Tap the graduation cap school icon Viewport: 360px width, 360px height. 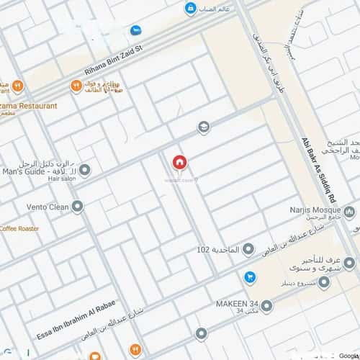coord(204,127)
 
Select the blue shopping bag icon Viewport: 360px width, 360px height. coord(189,9)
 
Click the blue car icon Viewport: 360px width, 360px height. coord(135,30)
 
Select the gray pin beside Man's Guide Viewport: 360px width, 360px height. coord(84,171)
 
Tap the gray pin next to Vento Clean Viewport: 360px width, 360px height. coord(77,207)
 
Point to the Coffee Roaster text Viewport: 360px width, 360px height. coord(19,228)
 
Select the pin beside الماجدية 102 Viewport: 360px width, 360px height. coord(248,250)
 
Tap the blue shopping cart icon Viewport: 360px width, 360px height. coord(249,276)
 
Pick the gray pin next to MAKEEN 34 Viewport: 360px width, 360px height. coord(267,307)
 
